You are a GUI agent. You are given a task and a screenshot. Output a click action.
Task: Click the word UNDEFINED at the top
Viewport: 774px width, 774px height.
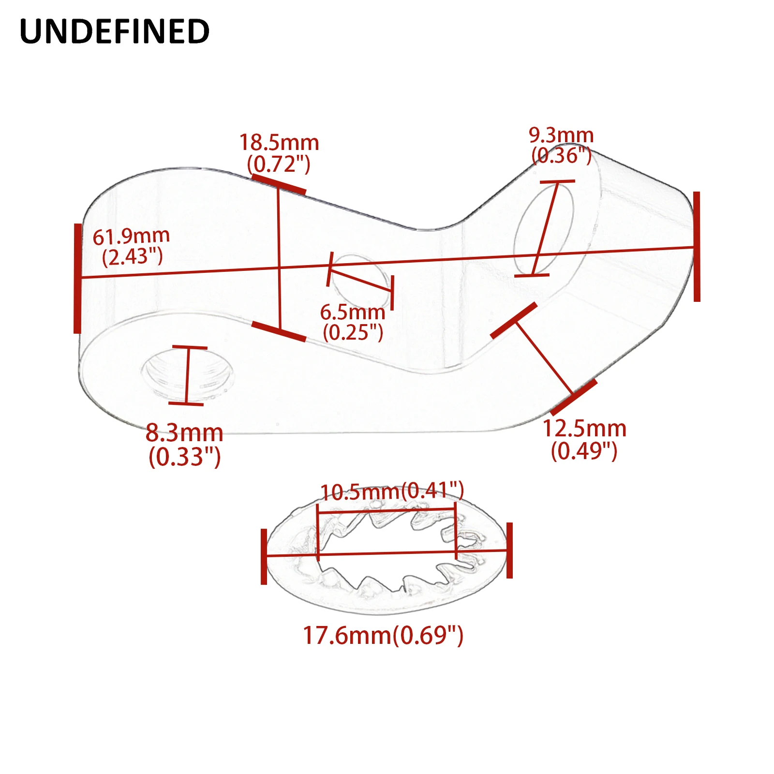click(115, 31)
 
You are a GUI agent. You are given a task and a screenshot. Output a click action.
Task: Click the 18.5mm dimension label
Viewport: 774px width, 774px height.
click(279, 143)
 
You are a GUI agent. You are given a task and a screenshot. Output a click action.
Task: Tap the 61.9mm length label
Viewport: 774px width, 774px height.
click(131, 237)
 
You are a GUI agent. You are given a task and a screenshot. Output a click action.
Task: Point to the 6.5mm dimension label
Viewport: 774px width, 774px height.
click(353, 312)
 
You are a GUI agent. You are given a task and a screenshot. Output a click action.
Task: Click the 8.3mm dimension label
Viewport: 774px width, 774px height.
click(184, 433)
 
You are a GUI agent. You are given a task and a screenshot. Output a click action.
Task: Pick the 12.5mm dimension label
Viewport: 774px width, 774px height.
click(584, 429)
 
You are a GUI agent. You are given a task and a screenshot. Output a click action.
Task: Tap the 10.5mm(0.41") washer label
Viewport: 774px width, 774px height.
click(392, 491)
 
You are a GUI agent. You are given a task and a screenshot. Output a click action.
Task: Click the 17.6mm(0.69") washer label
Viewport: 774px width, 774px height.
click(383, 635)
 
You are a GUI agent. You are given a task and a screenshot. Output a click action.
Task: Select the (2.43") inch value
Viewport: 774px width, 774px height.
click(133, 256)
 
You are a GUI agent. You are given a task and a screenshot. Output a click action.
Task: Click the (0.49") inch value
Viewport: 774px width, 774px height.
click(584, 451)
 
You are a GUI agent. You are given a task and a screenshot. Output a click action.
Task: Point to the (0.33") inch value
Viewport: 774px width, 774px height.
click(185, 457)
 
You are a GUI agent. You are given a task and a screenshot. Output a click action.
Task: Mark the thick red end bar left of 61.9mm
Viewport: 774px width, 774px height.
click(77, 278)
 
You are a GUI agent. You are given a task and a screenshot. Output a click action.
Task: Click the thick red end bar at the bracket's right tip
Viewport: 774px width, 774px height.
click(697, 247)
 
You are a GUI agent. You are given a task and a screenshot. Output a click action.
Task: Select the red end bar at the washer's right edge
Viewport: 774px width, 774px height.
click(509, 550)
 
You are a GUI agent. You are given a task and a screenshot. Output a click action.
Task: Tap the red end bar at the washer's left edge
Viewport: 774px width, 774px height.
click(264, 556)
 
